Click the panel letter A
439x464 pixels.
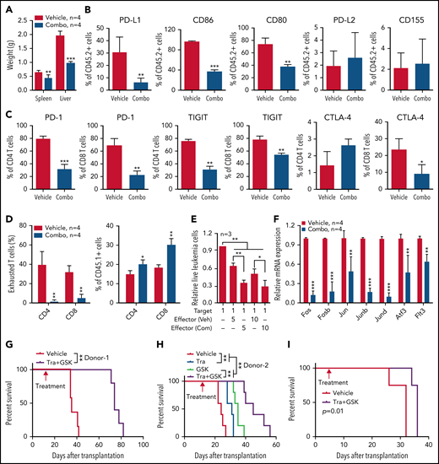[6, 8]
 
